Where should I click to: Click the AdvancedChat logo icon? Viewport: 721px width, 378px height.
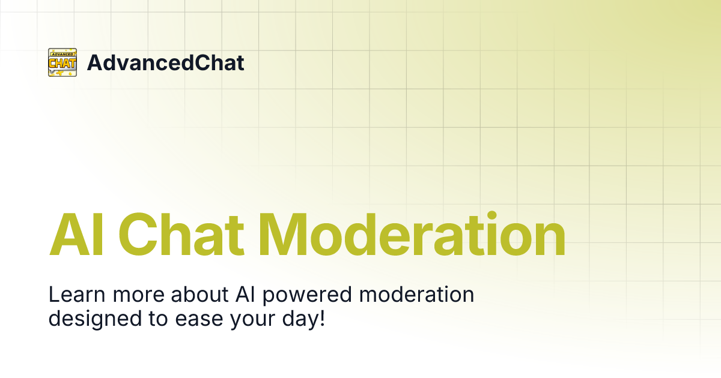pyautogui.click(x=62, y=62)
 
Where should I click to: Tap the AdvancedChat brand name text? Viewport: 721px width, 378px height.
pyautogui.click(x=165, y=63)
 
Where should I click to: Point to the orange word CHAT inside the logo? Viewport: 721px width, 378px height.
pyautogui.click(x=62, y=63)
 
